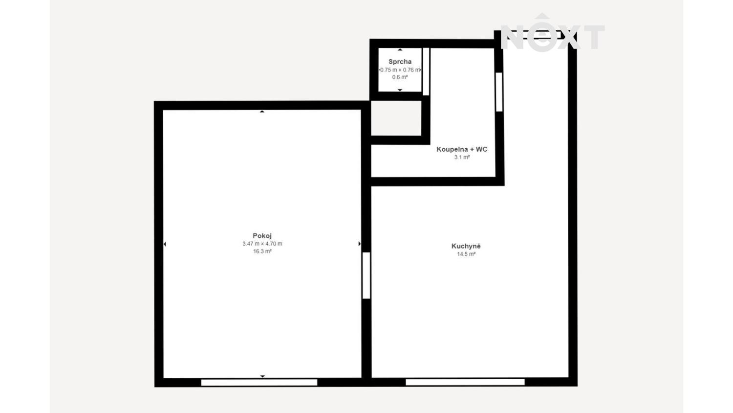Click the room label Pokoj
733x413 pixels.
pos(262,236)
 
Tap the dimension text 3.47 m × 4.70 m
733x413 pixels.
pos(262,244)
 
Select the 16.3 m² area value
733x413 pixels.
pos(262,252)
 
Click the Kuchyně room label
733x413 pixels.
pos(466,246)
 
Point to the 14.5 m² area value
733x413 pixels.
pos(466,254)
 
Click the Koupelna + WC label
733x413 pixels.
pos(462,149)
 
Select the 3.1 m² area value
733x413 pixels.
pos(462,158)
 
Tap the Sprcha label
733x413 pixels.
pos(400,62)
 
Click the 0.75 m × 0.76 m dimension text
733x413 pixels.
pos(400,70)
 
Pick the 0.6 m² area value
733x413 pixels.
pos(400,77)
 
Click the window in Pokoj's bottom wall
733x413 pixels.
pos(259,383)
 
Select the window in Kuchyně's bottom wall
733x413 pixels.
pos(465,382)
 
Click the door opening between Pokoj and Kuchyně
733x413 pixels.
pos(366,275)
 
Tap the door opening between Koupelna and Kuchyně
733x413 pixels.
pos(499,92)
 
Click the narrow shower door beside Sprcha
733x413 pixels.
pos(426,71)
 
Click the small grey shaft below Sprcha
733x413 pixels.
pos(396,118)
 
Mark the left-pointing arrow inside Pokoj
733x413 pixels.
pos(165,244)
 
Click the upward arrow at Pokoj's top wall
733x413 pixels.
pos(262,112)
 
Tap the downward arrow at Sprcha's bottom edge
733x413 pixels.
pos(400,90)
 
